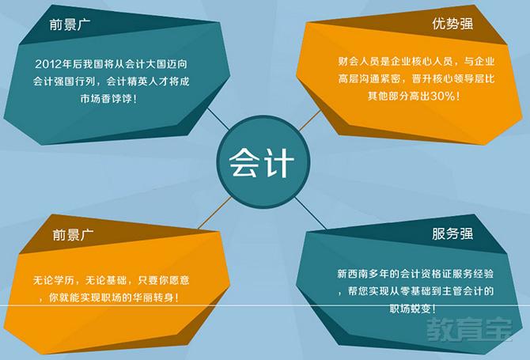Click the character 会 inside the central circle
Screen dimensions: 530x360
click(243, 162)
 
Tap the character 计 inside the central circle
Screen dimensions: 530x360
click(277, 162)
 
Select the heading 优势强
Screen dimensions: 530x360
click(452, 24)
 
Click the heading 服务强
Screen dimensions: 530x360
click(452, 233)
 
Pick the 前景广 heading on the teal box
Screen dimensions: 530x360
click(70, 25)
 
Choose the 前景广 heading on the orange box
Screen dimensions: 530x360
click(73, 234)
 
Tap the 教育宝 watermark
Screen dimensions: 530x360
click(469, 329)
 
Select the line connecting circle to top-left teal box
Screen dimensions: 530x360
click(218, 119)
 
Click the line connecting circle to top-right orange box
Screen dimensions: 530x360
click(310, 120)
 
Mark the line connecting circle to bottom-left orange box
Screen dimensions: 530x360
click(215, 213)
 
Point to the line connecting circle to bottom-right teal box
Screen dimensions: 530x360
click(310, 214)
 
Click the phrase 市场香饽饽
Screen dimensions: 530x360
click(106, 99)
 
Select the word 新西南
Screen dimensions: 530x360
click(353, 274)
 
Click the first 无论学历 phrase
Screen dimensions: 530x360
click(53, 280)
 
